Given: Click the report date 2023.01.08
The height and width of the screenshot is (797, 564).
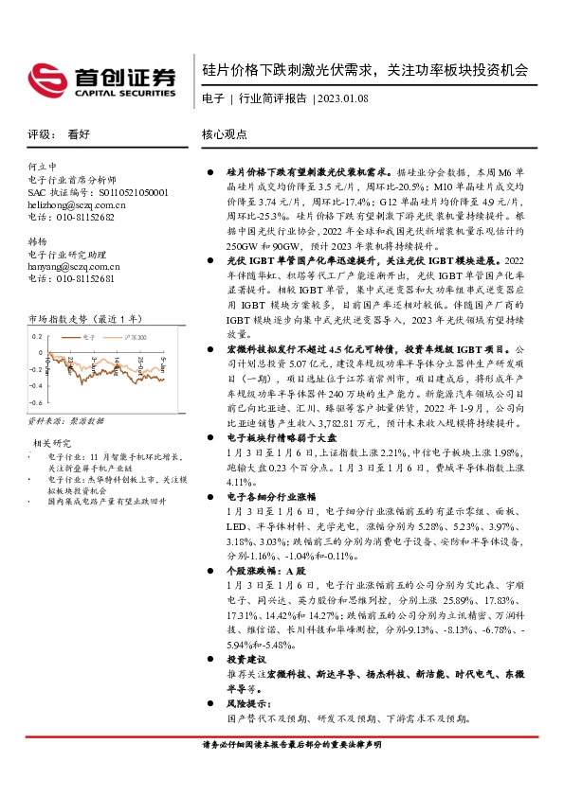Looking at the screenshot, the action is click(344, 98).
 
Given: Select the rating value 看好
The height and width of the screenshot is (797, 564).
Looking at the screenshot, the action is click(79, 135).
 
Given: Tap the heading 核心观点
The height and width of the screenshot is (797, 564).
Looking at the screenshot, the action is click(225, 135).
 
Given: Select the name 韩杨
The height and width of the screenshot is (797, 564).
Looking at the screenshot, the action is click(38, 241).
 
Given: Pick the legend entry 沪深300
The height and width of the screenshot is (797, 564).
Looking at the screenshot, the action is click(131, 336).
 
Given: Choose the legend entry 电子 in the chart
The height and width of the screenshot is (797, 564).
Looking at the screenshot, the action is click(88, 336).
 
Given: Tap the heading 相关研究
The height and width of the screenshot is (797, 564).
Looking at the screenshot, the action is click(53, 442).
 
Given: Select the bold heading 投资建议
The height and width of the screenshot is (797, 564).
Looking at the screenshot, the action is click(246, 661).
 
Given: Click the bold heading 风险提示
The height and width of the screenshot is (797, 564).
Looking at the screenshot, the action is click(248, 703).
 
